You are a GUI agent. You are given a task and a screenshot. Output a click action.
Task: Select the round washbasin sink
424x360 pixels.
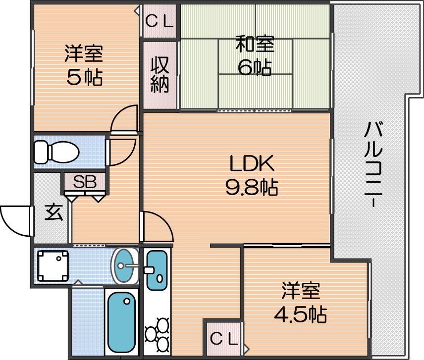click(125, 266)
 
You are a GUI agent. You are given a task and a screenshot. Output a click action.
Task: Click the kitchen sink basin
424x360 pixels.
click(157, 270)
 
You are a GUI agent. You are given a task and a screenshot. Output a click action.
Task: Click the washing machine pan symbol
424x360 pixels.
click(53, 266)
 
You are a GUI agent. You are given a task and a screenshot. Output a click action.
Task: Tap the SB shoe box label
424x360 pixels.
click(85, 182)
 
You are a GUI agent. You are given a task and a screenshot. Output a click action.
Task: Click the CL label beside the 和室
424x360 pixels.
click(159, 21)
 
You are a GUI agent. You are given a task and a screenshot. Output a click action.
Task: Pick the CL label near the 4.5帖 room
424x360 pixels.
click(224, 338)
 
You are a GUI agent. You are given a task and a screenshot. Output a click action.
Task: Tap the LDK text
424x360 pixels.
click(252, 163)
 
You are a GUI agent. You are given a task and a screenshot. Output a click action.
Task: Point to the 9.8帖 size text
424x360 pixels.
click(252, 187)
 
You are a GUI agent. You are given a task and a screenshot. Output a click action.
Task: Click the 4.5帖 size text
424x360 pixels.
click(301, 314)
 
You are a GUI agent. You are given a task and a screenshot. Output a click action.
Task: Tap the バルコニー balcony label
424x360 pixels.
click(373, 164)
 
